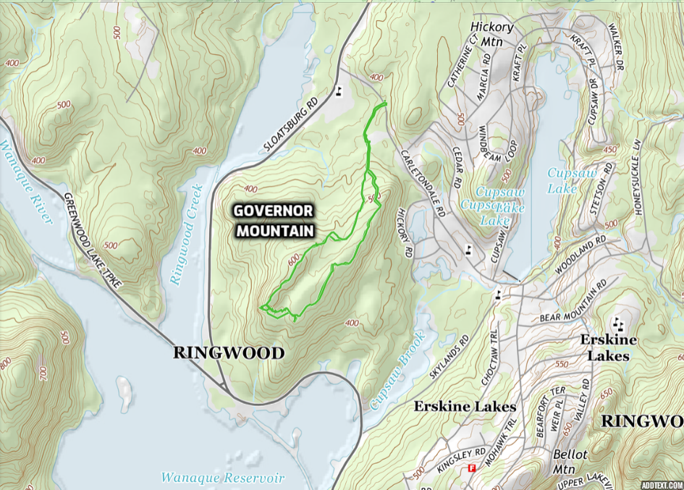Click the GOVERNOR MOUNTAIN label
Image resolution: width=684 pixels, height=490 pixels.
(x=273, y=221)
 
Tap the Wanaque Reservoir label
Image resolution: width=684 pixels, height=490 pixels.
(x=222, y=478)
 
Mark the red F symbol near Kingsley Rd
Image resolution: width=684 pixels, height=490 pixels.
(x=472, y=468)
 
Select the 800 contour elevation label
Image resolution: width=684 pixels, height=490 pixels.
(x=6, y=361)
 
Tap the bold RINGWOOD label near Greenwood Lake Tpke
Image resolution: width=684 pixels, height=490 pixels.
(x=228, y=353)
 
